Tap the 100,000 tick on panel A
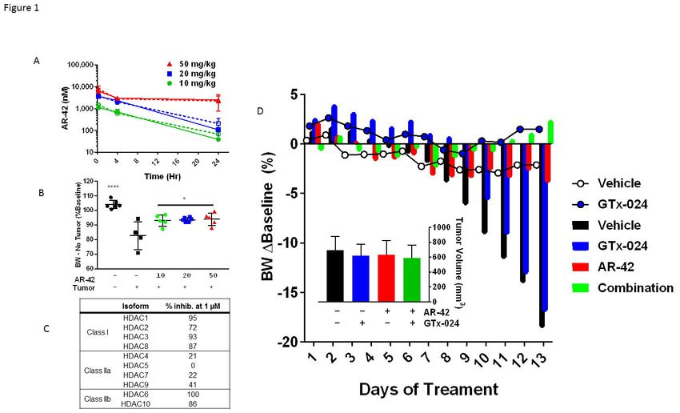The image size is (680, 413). pyautogui.click(x=78, y=64)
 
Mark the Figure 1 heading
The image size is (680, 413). pyautogui.click(x=20, y=9)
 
